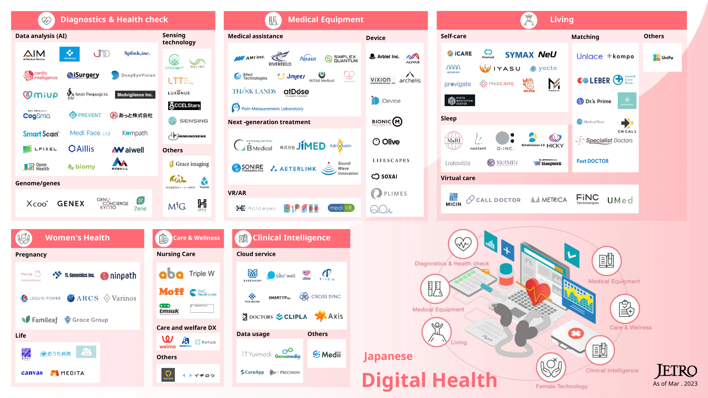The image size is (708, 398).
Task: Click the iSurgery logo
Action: point(83,75)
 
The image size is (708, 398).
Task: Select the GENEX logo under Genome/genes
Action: point(71,204)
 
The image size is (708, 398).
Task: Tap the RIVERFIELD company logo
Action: point(280,59)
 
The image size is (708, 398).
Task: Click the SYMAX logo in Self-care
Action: point(519,55)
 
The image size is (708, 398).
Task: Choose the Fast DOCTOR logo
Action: point(592,161)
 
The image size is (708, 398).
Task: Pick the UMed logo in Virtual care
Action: point(620,200)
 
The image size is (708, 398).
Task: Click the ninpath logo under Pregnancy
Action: point(118,276)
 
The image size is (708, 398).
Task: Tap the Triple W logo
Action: point(201,273)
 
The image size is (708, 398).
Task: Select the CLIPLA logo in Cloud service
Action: point(292,317)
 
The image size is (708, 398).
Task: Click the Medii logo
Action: point(327,354)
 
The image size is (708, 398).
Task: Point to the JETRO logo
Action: point(675,371)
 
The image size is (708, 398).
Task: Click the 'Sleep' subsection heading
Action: point(449,119)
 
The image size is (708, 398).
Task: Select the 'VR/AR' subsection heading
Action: point(237,193)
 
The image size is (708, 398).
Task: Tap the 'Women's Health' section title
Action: point(77,238)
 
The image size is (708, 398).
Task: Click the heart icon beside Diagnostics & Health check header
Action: point(46,20)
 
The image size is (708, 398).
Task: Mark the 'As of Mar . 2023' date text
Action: point(675,384)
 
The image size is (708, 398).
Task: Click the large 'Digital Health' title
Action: point(429,380)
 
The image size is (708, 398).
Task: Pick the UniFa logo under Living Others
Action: point(663,57)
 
